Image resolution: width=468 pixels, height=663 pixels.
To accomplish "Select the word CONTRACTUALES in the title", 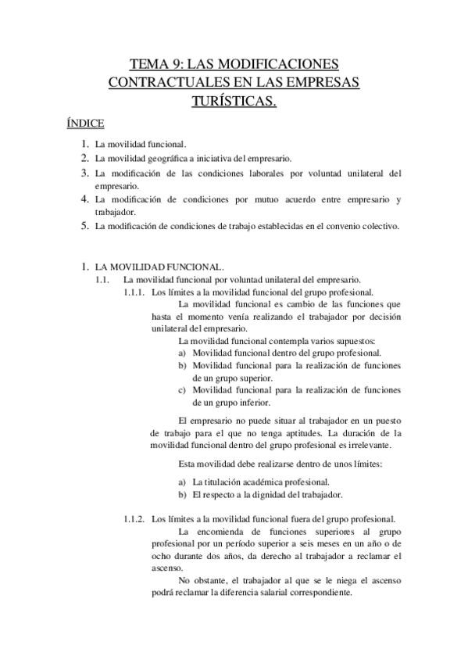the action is click(x=161, y=82).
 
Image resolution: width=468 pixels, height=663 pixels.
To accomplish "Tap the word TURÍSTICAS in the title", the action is click(x=234, y=100).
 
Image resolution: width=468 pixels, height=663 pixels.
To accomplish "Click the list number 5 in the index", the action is click(x=84, y=227).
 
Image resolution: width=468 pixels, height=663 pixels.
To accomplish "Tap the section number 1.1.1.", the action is click(x=134, y=292).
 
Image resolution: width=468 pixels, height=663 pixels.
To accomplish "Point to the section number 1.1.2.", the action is click(x=134, y=518).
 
